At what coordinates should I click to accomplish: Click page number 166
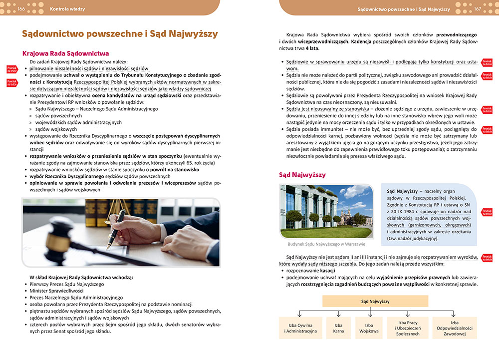coord(21,9)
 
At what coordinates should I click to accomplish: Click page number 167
coord(478,9)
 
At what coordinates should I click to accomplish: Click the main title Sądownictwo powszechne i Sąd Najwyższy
coord(120,34)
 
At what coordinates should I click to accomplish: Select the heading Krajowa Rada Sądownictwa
coord(66,53)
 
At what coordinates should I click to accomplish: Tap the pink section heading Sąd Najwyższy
coord(302,175)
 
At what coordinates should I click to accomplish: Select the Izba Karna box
coord(338,327)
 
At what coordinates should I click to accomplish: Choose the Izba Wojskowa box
coord(369,327)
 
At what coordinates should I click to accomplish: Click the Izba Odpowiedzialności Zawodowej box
coord(454,328)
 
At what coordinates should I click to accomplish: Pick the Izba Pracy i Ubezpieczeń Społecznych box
coord(408,328)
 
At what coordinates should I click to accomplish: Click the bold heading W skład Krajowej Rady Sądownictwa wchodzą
coord(81,277)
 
